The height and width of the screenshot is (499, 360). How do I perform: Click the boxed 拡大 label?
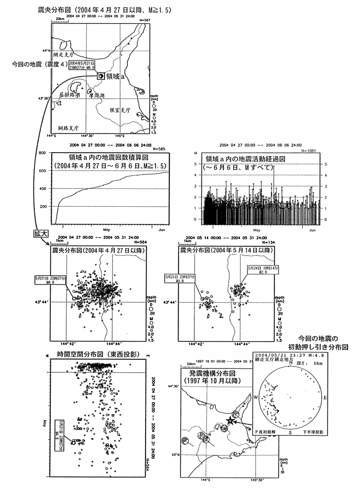41,233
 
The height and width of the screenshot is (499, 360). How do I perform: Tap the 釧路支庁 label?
67,128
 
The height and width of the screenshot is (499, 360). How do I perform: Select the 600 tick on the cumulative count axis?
42,170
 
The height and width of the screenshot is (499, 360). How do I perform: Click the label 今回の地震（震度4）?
40,63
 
